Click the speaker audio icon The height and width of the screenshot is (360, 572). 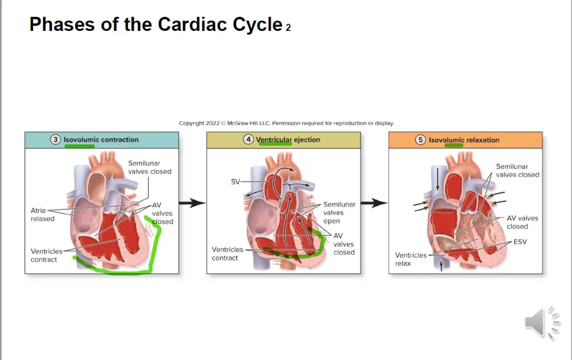(542, 323)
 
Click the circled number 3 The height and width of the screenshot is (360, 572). (55, 140)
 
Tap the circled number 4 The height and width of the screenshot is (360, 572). (248, 140)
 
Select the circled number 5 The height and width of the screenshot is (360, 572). (420, 140)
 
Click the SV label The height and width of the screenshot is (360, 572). (235, 181)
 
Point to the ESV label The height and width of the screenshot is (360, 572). (520, 242)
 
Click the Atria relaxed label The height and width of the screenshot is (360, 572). (42, 215)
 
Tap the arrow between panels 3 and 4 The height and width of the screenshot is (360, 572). (192, 203)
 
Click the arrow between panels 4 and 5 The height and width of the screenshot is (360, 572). (374, 203)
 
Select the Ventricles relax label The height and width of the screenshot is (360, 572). (411, 259)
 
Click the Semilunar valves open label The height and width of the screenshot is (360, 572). (339, 212)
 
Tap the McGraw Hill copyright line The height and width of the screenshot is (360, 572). (287, 124)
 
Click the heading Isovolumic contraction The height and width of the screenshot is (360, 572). (101, 140)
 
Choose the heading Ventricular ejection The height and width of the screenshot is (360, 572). (288, 140)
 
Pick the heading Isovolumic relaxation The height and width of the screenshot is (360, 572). (464, 140)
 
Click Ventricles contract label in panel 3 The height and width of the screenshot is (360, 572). (46, 256)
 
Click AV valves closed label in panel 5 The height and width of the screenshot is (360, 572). (522, 222)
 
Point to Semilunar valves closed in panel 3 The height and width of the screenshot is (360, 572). (149, 167)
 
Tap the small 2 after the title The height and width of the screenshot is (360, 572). (288, 27)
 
